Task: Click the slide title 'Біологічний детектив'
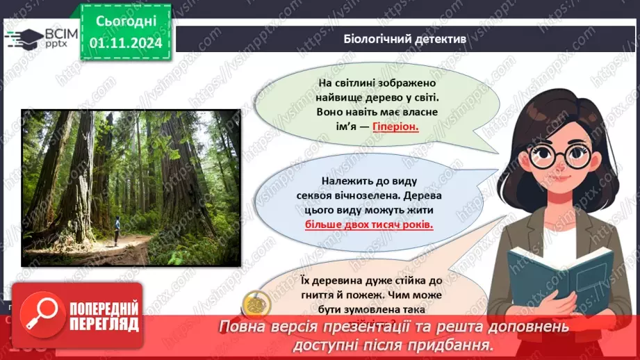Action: click(x=404, y=38)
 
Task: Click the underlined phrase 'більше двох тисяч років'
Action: click(x=368, y=225)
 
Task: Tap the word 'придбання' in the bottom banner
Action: click(x=452, y=344)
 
